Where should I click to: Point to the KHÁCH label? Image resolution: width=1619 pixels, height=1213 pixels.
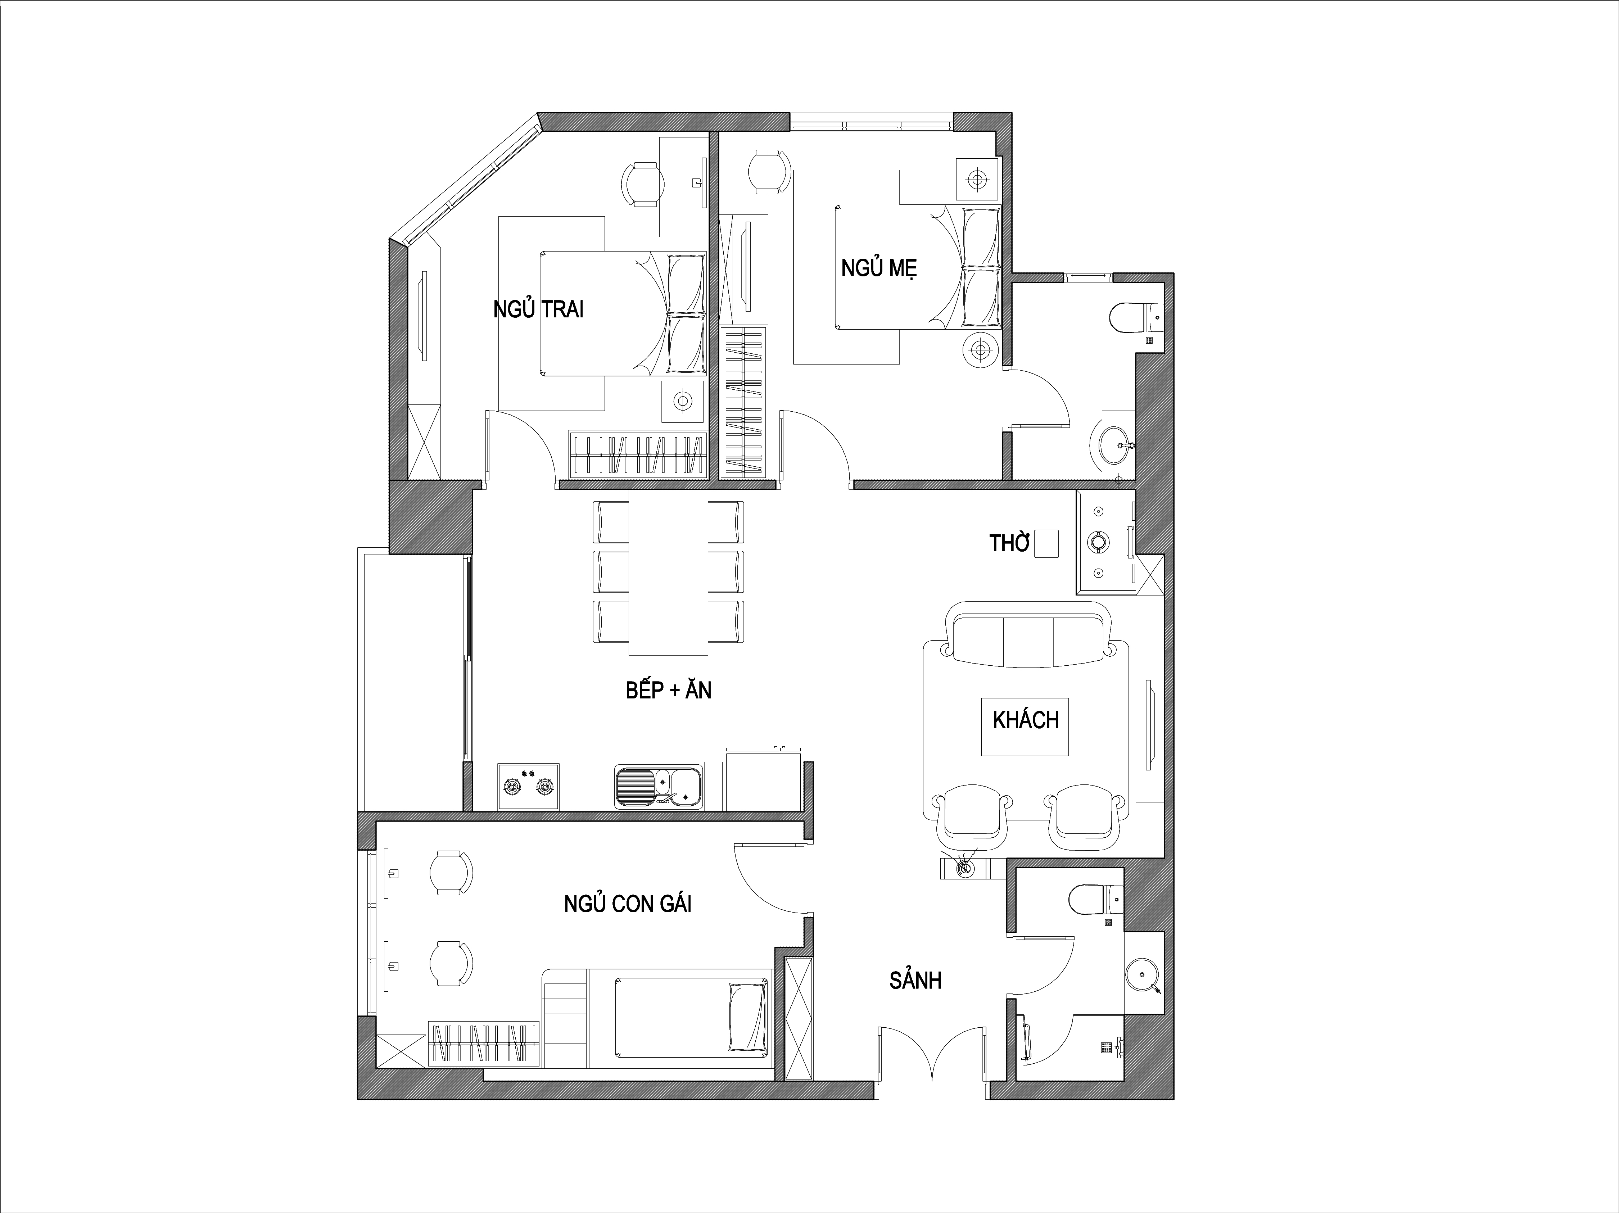[x=1026, y=720]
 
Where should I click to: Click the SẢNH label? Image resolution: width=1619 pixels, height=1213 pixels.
[x=915, y=980]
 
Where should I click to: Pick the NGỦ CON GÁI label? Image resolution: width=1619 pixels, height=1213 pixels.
[x=627, y=904]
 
